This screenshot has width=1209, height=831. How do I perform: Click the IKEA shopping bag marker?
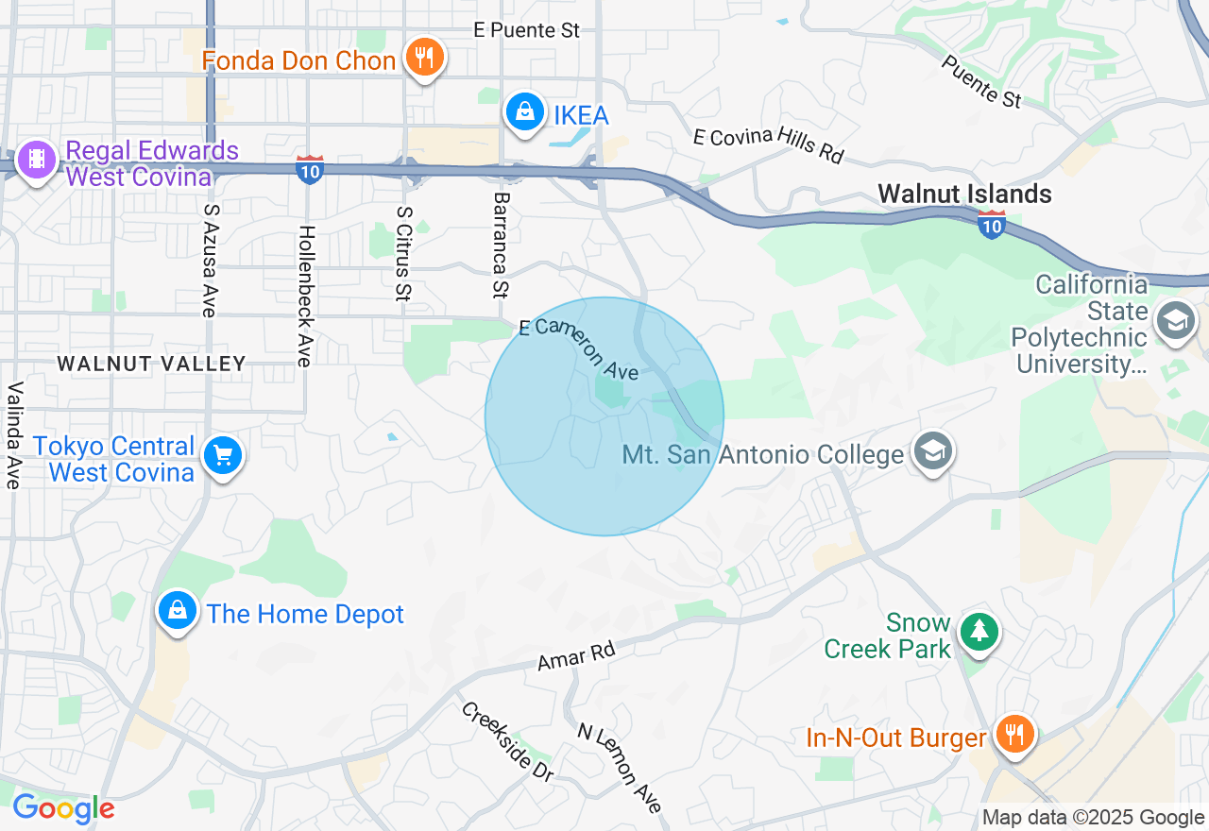click(x=524, y=112)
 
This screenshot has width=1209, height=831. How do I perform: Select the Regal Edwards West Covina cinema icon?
click(x=36, y=160)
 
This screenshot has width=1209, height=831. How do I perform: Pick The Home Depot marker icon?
click(x=177, y=611)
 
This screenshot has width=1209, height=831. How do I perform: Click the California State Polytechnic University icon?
click(x=1177, y=322)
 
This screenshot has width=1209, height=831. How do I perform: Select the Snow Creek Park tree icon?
click(x=979, y=630)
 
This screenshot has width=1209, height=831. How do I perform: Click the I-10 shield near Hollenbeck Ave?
click(x=310, y=170)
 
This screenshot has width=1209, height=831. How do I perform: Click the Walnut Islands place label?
click(x=964, y=195)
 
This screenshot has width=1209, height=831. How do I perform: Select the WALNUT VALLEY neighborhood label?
click(x=151, y=364)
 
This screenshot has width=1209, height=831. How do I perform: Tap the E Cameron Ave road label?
click(x=579, y=348)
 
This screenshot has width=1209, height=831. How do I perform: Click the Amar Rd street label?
click(x=576, y=655)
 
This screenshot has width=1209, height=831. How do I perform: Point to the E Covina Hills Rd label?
click(x=767, y=145)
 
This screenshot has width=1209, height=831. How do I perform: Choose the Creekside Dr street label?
click(x=507, y=741)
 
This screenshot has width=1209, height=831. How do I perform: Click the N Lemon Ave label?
click(x=620, y=768)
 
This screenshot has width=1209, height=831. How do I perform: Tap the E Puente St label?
click(x=527, y=30)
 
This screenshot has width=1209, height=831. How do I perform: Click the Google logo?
click(x=63, y=808)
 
